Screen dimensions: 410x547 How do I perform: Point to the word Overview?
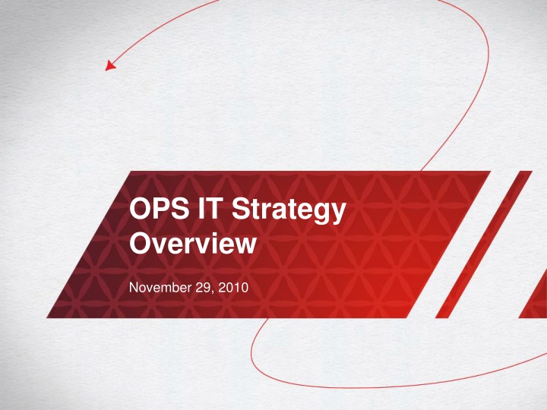[191, 244]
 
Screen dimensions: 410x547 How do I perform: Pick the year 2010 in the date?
[227, 289]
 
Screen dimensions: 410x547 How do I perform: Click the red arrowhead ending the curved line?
[110, 66]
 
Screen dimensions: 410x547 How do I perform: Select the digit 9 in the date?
[204, 289]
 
